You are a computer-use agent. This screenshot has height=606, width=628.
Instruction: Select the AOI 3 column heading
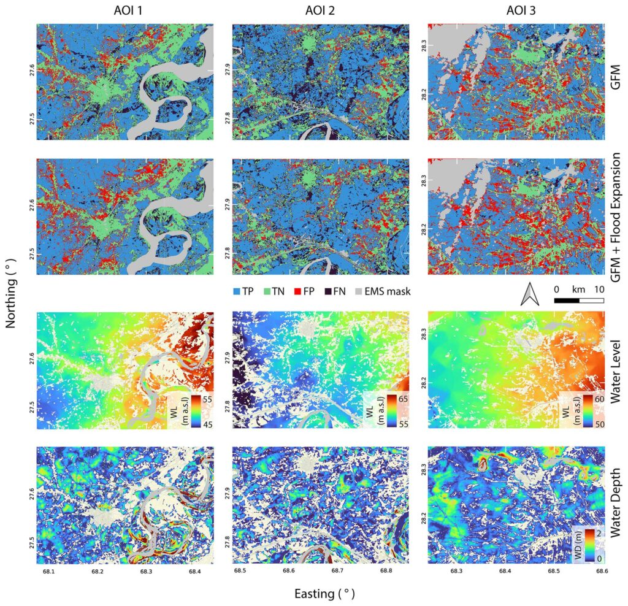[x=517, y=10]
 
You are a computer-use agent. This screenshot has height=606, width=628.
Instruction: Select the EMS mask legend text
[x=389, y=291]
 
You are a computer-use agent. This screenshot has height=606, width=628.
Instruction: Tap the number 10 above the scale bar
[x=599, y=289]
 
